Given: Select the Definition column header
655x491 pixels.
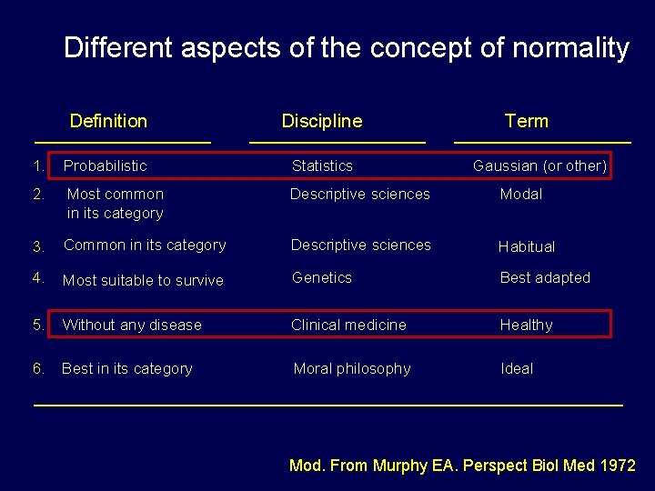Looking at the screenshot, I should point(108,121).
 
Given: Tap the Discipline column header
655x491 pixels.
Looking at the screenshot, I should point(321,121).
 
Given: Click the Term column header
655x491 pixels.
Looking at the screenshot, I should point(526,121).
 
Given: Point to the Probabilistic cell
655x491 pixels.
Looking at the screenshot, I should point(105,165).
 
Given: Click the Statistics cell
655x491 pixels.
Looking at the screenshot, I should point(321,165).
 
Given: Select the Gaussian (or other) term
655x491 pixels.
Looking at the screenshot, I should point(539,165).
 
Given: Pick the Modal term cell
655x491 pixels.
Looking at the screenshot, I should point(520,194).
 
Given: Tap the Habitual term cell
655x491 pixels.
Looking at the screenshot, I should point(526,246).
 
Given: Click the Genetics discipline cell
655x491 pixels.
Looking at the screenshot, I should point(321,277).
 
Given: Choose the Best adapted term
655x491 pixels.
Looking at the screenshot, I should point(545,277).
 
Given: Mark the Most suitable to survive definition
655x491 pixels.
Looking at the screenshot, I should point(143,280).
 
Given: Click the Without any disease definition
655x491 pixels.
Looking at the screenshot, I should point(132,325).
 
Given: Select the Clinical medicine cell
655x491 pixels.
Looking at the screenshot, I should point(348,325).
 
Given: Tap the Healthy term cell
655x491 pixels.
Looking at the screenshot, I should point(526,325).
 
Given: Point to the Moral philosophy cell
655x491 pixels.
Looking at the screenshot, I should point(351,368).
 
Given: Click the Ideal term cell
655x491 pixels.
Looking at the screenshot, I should point(517,368).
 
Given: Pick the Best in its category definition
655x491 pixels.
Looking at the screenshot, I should point(126,368).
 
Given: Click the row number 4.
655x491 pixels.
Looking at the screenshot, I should point(37,277).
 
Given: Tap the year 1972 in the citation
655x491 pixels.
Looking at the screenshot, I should point(618,466).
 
